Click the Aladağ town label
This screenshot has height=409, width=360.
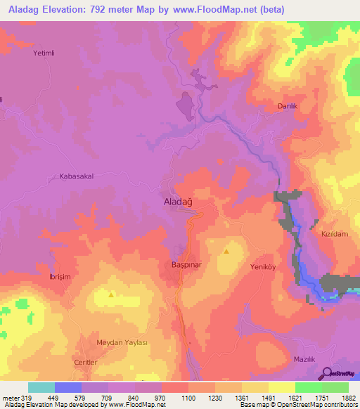(x=178, y=202)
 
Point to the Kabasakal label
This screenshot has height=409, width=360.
(x=77, y=177)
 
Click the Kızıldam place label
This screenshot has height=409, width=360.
(x=335, y=233)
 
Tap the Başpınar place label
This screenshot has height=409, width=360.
(x=187, y=265)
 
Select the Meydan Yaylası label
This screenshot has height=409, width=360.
(x=122, y=342)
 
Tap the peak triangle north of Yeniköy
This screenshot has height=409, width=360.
(x=226, y=250)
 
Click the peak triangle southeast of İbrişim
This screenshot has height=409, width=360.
(x=111, y=294)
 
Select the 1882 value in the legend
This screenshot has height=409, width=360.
(x=349, y=397)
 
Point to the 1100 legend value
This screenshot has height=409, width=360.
(x=187, y=397)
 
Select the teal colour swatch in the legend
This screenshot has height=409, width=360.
(x=41, y=387)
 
